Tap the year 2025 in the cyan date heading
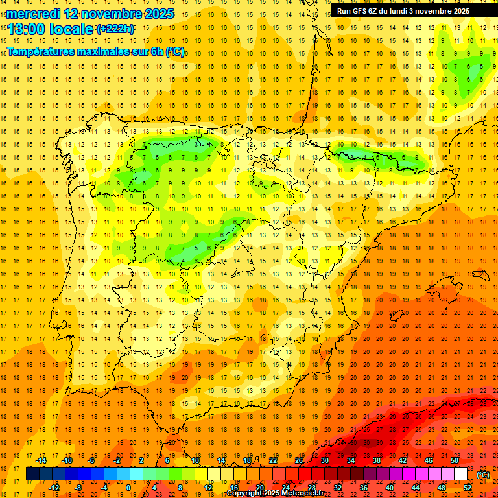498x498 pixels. click(x=156, y=13)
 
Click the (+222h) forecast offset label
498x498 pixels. click(x=115, y=29)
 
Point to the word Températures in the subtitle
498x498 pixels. click(x=43, y=51)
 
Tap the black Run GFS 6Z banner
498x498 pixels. click(x=408, y=11)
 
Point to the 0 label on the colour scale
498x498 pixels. click(x=128, y=488)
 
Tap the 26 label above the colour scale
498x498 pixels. click(x=299, y=460)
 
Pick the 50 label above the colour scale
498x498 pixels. click(x=455, y=460)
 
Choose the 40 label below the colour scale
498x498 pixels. click(x=389, y=488)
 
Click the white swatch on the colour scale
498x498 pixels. click(x=460, y=474)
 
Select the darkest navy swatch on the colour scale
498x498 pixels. click(x=32, y=474)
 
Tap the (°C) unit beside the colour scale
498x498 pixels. click(x=483, y=474)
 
